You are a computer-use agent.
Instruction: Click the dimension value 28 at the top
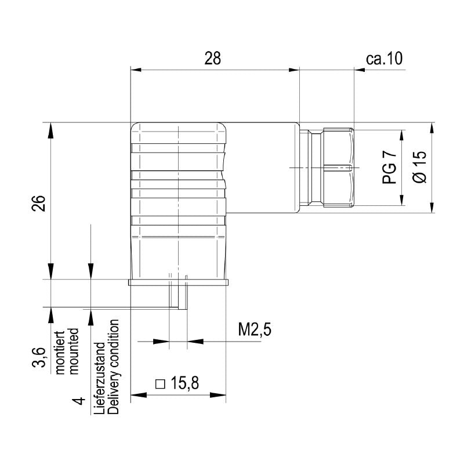click(213, 59)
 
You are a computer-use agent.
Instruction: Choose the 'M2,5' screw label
click(255, 330)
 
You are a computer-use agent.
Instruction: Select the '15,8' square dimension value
click(185, 383)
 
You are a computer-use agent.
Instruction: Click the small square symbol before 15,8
click(161, 383)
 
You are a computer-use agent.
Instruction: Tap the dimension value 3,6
click(38, 357)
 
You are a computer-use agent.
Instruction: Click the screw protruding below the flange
click(177, 296)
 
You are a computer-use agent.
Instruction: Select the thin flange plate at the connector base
click(178, 282)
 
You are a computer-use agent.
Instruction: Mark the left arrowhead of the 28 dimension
click(135, 70)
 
